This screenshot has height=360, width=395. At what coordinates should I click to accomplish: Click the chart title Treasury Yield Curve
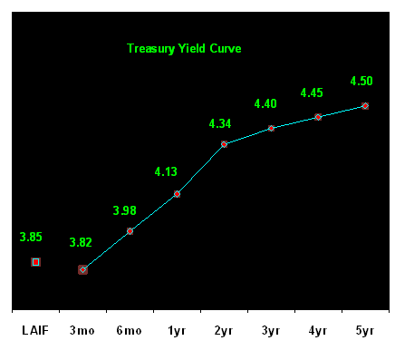click(x=184, y=49)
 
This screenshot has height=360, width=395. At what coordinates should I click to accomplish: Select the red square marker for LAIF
click(x=35, y=262)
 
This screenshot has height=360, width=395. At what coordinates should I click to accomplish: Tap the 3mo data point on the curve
click(x=82, y=270)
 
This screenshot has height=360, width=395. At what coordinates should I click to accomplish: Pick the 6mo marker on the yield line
click(x=130, y=231)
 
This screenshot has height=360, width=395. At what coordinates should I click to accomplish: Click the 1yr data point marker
click(x=177, y=194)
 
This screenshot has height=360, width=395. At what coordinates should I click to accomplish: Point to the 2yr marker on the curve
click(x=224, y=144)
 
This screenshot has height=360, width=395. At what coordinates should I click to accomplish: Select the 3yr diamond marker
click(x=271, y=129)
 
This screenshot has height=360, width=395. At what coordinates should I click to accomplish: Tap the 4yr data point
click(x=318, y=117)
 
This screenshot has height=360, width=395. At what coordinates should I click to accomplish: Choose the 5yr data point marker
click(x=365, y=106)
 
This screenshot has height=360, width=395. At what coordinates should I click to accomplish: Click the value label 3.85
click(x=31, y=237)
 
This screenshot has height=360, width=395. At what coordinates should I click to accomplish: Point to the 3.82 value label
click(x=81, y=242)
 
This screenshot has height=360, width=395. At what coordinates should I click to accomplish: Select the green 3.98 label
click(x=124, y=210)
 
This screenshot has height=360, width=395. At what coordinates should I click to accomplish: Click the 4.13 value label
click(x=166, y=171)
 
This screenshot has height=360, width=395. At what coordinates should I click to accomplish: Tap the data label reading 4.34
click(x=220, y=123)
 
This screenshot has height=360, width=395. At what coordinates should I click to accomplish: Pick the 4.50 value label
click(x=361, y=81)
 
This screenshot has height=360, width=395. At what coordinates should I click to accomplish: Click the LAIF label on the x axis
click(x=35, y=330)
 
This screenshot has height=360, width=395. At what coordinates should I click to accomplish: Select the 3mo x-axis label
click(x=82, y=330)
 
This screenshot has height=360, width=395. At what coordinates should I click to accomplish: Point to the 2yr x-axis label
click(x=224, y=331)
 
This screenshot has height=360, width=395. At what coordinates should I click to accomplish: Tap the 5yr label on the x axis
click(x=365, y=331)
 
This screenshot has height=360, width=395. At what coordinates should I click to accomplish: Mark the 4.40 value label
click(x=265, y=103)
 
